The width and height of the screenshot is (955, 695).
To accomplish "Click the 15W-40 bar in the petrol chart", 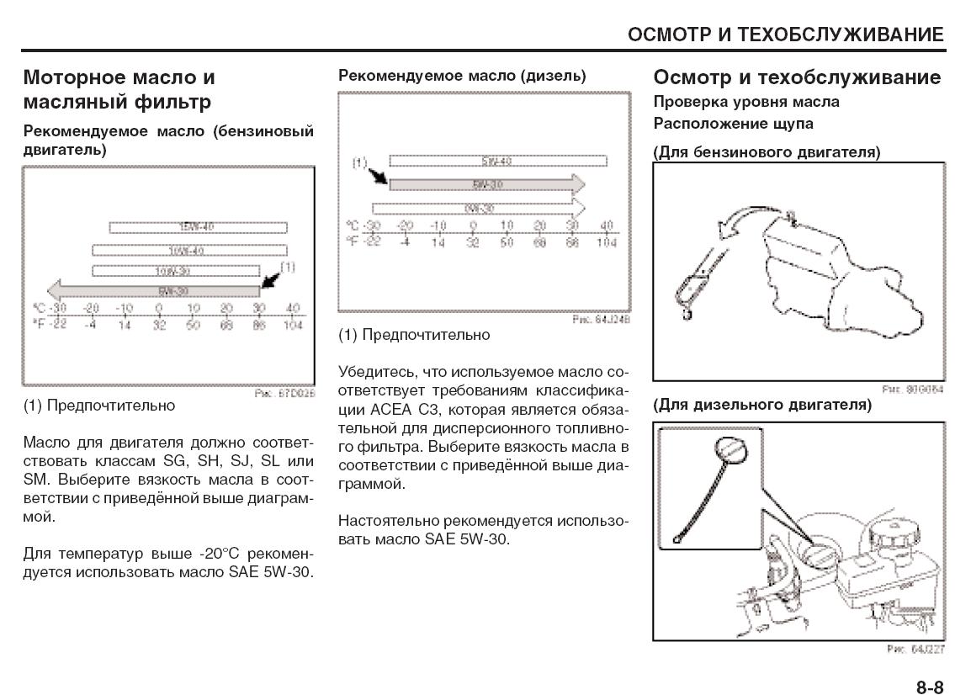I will pos(198,227).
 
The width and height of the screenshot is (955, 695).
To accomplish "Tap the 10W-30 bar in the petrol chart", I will pos(175,271).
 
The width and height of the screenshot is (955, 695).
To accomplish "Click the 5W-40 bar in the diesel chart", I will pos(497,161).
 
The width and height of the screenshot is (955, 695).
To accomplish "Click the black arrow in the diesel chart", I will pos(376,174).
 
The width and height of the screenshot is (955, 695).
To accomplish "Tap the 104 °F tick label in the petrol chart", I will pos(292,325).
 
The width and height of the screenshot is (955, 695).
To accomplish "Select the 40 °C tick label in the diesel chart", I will pos(606,225).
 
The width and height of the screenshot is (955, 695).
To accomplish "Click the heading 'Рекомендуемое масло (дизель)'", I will pos(462,76).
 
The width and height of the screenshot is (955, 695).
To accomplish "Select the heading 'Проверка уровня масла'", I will pos(746,102).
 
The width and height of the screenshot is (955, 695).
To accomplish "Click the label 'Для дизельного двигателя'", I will pos(762,405).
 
